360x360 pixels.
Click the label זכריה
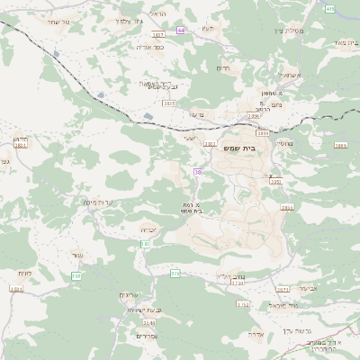tap(149, 229)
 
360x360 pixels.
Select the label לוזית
tap(24, 273)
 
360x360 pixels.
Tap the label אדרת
tap(256, 333)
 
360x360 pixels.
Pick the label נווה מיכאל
tap(282, 306)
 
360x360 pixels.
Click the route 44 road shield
tap(181, 30)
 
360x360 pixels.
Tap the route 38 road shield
tap(196, 171)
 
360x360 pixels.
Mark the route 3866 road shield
tap(339, 144)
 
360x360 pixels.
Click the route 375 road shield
tap(175, 273)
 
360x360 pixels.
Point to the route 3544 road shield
tap(148, 321)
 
